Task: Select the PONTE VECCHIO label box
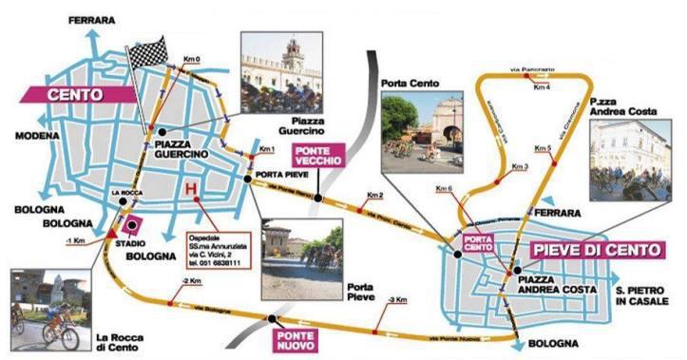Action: (x=315, y=157)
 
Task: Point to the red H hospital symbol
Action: (x=192, y=189)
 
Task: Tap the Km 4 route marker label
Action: (x=542, y=88)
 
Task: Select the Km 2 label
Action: (x=375, y=196)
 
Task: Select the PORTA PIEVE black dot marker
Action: (x=247, y=178)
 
